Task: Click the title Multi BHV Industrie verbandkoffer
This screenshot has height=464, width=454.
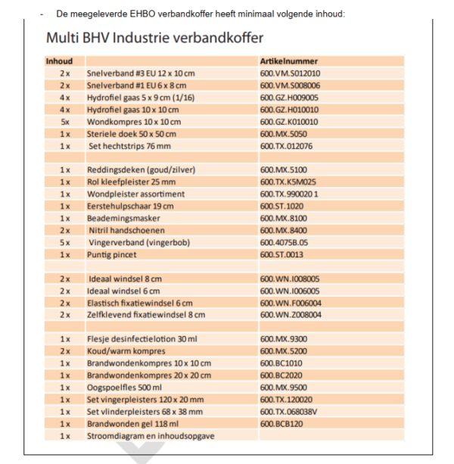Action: (154, 38)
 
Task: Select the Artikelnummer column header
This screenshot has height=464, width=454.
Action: (288, 61)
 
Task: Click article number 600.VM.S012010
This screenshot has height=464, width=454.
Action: (290, 73)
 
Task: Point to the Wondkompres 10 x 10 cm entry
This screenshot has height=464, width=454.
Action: (134, 122)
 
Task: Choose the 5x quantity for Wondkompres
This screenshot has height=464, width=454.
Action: (65, 122)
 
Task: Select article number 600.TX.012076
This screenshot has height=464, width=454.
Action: (286, 146)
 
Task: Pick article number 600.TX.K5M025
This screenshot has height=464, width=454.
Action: (288, 182)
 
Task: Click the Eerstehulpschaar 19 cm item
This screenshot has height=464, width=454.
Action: (130, 206)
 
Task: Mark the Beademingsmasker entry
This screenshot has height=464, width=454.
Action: (120, 218)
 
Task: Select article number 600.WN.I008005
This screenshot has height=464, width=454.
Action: (290, 279)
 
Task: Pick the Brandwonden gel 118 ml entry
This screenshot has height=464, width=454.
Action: (129, 424)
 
